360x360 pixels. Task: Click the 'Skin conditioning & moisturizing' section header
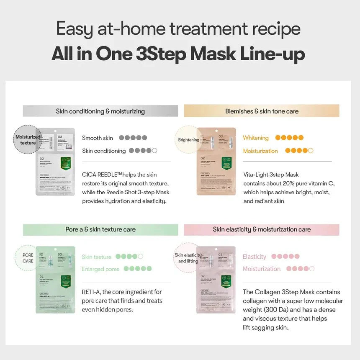coord(100,111)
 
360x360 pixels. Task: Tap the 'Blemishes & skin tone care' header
coord(262,111)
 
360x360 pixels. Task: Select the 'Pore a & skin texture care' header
coord(100,229)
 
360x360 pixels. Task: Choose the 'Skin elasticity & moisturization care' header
coord(262,229)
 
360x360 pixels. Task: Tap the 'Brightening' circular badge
coord(188,140)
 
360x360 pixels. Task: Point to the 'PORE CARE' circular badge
coord(28,258)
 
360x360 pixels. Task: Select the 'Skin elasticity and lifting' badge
coord(188,258)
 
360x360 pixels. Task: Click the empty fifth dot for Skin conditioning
coord(155,151)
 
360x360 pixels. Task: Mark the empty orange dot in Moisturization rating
coord(311,151)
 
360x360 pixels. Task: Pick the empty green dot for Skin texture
coord(140,257)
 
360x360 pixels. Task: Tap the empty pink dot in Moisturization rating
coord(312,269)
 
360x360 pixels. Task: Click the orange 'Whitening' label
coord(255,138)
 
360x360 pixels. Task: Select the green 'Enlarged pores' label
coord(100,269)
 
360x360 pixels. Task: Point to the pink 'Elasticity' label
coord(254,257)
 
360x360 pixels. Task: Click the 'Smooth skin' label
coord(98,138)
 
